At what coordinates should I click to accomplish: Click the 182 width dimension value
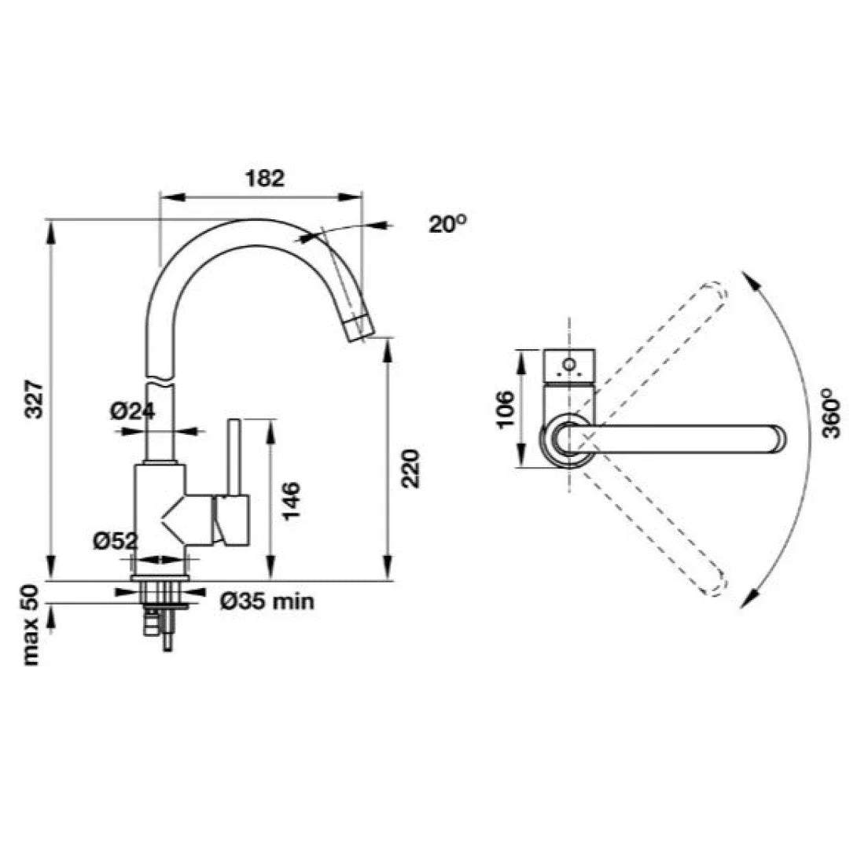[264, 178]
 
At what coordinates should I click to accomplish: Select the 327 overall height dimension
[35, 400]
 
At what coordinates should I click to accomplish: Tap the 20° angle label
[447, 223]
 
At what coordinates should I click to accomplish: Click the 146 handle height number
[292, 501]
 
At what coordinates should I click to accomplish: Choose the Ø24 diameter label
[132, 410]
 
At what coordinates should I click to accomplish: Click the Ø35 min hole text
[267, 601]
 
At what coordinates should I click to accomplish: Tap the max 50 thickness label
[31, 625]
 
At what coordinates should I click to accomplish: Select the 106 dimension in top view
[506, 410]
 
